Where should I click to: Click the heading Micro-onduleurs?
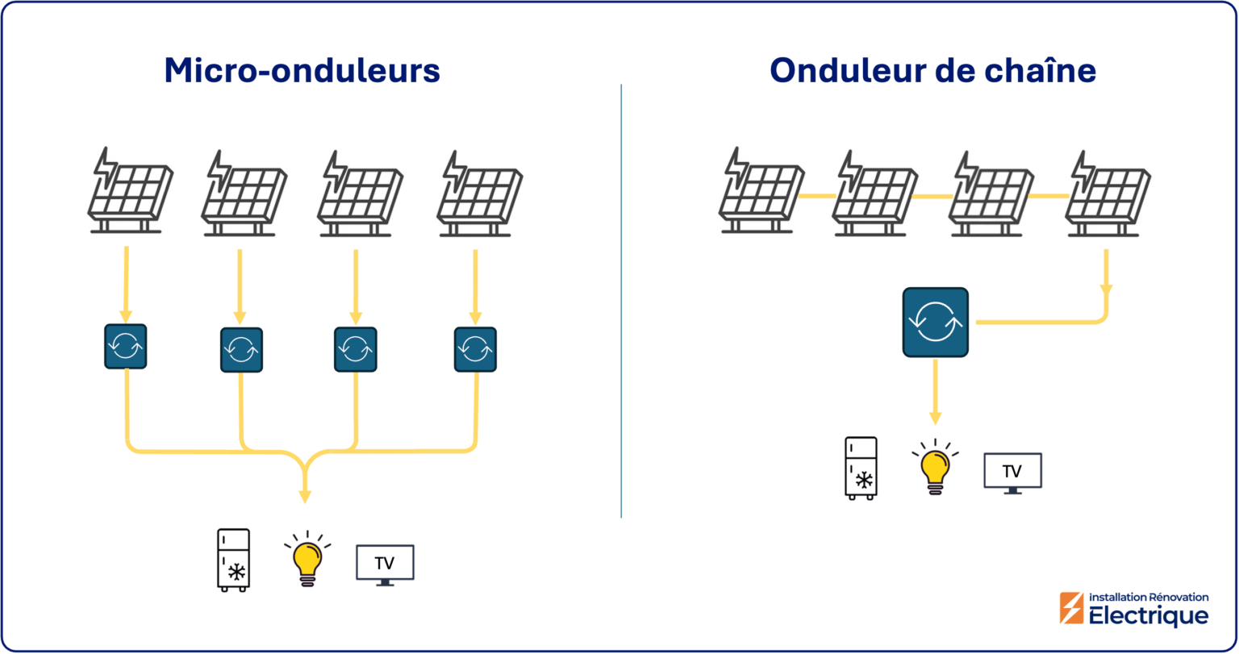[x=302, y=71]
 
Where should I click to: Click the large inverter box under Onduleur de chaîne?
[x=935, y=323]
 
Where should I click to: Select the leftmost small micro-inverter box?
[x=125, y=347]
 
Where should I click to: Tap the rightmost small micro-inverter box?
[x=475, y=349]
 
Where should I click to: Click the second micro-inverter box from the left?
[x=241, y=350]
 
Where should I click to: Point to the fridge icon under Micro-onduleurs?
[x=233, y=560]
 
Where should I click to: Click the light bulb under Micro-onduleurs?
[x=307, y=557]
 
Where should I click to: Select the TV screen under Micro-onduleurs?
[x=385, y=563]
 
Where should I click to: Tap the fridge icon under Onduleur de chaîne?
[x=861, y=468]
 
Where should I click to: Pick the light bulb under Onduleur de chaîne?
[x=935, y=466]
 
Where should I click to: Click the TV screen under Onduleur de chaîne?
[x=1012, y=471]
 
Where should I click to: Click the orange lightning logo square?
[x=1072, y=608]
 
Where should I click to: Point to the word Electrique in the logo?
[x=1149, y=616]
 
